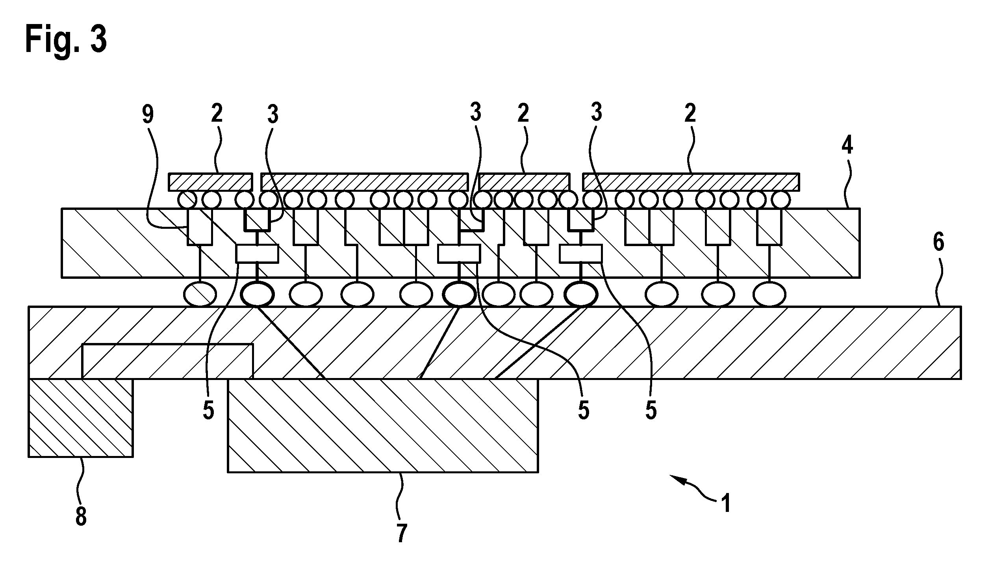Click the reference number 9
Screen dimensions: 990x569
tap(148, 115)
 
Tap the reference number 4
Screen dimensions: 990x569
tap(847, 145)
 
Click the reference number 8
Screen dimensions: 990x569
tap(81, 516)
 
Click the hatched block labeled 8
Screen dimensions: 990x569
tap(81, 418)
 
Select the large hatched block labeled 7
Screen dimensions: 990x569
tap(383, 425)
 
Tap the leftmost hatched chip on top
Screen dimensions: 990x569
tap(210, 182)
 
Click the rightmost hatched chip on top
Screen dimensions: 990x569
tap(691, 182)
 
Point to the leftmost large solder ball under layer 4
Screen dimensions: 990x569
tap(200, 294)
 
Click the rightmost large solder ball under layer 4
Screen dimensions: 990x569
tap(769, 294)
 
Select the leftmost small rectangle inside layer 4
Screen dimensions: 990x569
tap(257, 254)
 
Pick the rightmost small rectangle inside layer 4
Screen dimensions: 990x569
tap(581, 254)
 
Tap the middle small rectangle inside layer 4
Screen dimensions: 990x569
tap(459, 254)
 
